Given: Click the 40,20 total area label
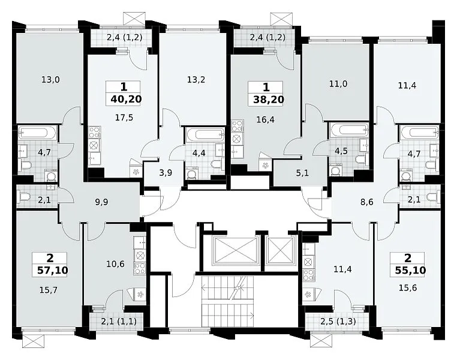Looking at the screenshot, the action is [126, 99].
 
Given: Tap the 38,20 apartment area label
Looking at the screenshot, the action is [269, 100].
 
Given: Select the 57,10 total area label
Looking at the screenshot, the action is [53, 270].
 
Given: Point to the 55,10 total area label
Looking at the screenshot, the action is [410, 270].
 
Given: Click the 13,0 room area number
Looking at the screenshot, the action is [50, 79].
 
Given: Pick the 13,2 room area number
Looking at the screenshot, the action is [196, 79].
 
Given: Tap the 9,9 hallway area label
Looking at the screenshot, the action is [102, 202].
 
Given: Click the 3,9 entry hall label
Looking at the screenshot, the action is [166, 173].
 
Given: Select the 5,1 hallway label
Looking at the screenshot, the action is [302, 173].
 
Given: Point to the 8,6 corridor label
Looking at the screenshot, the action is [366, 202].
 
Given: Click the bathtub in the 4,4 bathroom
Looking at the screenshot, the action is [206, 134].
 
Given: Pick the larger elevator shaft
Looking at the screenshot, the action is [235, 250].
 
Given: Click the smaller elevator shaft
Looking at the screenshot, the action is [280, 250].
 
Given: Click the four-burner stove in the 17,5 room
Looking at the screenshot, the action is [94, 133].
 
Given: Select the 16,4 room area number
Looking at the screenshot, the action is [265, 119].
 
